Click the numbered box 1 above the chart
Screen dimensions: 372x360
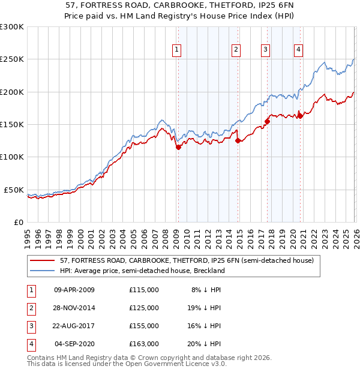tap(178, 50)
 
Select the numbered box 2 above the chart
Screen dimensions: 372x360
tap(236, 50)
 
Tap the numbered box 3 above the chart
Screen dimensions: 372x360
tap(265, 50)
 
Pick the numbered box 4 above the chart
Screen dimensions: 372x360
tap(298, 50)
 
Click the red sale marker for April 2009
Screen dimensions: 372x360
tap(178, 147)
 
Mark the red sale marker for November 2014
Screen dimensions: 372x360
tap(238, 140)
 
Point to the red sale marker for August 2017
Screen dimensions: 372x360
tap(267, 121)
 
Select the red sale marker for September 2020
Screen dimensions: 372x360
tap(299, 116)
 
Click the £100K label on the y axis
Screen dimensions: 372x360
tap(12, 157)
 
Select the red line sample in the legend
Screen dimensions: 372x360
tap(43, 261)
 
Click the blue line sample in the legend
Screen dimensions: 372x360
tap(43, 271)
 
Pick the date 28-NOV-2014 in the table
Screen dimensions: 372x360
tap(74, 308)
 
